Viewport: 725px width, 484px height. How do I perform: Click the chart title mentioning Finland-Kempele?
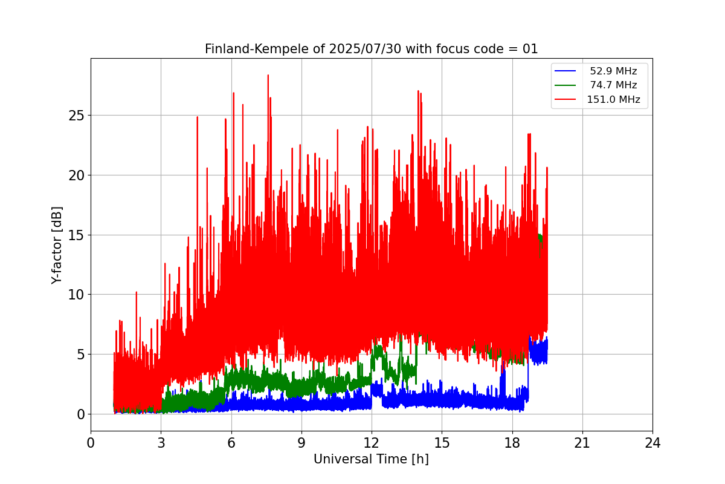click(x=371, y=49)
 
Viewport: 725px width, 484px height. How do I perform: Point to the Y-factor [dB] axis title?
click(x=57, y=245)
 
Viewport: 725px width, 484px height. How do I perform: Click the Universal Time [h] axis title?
click(x=371, y=459)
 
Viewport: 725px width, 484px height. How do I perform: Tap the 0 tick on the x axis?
click(x=91, y=443)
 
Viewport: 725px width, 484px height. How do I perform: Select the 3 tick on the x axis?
click(x=161, y=443)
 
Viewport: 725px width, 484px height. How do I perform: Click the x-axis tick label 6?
click(x=231, y=443)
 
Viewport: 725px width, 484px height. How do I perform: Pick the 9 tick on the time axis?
click(x=301, y=443)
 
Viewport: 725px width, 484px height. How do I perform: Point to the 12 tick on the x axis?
click(x=372, y=443)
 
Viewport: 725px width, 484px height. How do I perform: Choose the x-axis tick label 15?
click(x=442, y=443)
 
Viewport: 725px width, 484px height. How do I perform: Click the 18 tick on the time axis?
click(x=512, y=443)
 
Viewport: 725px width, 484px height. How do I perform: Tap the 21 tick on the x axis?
click(x=582, y=443)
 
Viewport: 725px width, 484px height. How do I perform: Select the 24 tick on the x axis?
click(x=652, y=443)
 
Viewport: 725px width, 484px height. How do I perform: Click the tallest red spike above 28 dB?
click(x=268, y=76)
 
